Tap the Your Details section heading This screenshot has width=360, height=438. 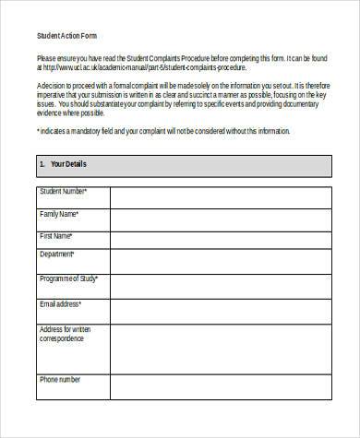click(x=63, y=164)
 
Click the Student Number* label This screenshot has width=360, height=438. click(x=63, y=191)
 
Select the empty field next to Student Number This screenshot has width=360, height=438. click(x=220, y=197)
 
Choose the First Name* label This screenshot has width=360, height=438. click(x=56, y=236)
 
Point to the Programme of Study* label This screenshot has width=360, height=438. click(x=70, y=278)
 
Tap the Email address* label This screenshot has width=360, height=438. click(x=60, y=303)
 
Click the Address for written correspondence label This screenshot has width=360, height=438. click(x=66, y=334)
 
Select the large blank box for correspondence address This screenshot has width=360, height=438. click(x=220, y=347)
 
